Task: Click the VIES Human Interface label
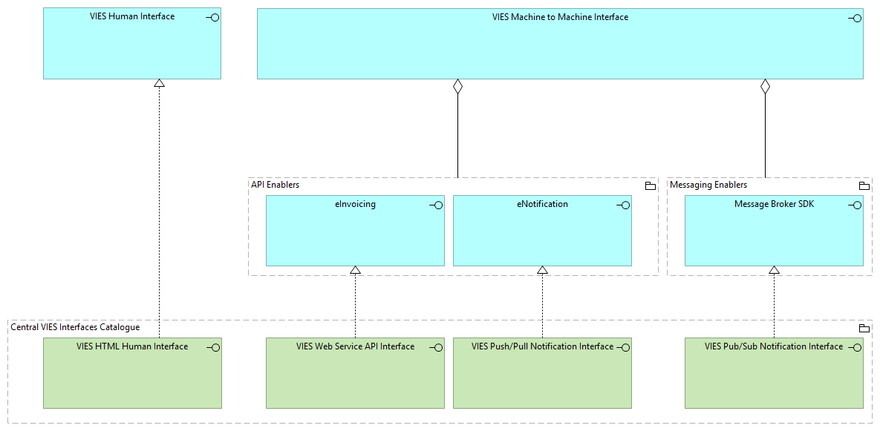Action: tap(131, 16)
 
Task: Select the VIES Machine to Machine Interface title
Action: tap(560, 17)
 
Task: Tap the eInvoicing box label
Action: tap(355, 204)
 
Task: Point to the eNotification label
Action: tap(542, 204)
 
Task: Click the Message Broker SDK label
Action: tap(774, 204)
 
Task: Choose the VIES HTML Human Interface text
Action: tap(132, 346)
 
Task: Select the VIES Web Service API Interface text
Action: tap(355, 346)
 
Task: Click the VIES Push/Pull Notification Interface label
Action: tap(542, 346)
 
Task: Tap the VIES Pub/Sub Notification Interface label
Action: tap(774, 346)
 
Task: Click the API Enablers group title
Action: tap(276, 185)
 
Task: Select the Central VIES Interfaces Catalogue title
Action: tap(75, 327)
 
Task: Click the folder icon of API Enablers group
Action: tap(650, 185)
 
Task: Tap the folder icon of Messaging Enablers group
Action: tap(864, 185)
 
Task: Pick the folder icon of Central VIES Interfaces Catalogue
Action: tap(864, 328)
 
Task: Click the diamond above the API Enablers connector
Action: tap(457, 87)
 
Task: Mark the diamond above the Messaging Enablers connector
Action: tap(765, 87)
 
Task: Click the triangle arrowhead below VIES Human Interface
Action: tap(159, 84)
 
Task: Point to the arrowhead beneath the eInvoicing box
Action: tap(355, 271)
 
